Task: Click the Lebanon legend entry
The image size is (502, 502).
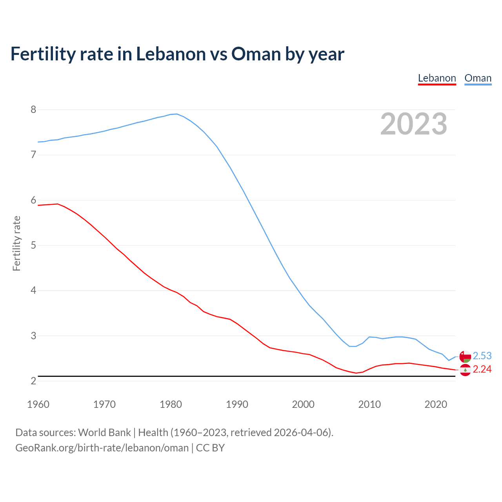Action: coord(437,78)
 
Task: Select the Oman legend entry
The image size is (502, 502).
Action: coord(478,78)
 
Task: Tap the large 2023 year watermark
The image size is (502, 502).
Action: coord(414,124)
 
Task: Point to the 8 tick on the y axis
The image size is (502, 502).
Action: coord(33,109)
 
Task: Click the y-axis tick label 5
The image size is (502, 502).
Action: coord(33,246)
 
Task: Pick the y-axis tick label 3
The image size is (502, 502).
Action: coord(33,336)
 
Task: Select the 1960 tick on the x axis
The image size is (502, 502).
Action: coord(38,404)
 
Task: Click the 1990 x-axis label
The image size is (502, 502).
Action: coord(237,404)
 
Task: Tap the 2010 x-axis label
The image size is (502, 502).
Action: coord(369,404)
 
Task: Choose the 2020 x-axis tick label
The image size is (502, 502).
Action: coord(436,404)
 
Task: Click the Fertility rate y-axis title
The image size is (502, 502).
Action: coord(16,243)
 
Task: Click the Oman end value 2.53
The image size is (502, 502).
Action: coord(482,356)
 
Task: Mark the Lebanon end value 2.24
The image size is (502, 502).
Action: coord(482,369)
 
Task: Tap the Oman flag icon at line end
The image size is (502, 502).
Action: coord(465,356)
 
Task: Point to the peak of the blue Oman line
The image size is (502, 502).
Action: coord(176,114)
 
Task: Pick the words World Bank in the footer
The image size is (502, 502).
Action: coord(104,433)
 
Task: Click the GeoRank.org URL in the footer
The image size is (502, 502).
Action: coord(102,448)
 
